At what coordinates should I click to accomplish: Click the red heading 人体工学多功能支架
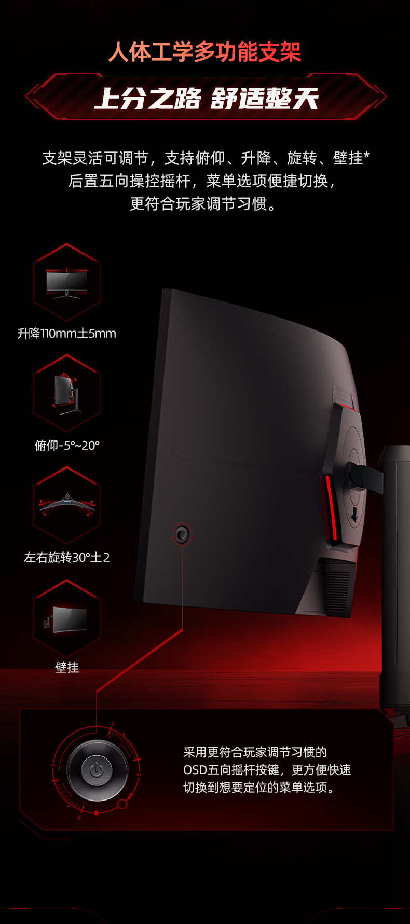(204, 52)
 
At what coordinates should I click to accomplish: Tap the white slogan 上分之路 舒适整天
(206, 99)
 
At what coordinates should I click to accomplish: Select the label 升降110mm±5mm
(66, 333)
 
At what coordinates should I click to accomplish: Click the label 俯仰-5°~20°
(67, 445)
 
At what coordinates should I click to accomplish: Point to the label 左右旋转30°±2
(67, 557)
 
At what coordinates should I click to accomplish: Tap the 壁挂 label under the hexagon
(67, 667)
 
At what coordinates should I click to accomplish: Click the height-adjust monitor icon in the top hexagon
(66, 283)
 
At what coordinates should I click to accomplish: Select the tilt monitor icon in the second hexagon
(66, 394)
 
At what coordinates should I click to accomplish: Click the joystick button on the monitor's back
(182, 534)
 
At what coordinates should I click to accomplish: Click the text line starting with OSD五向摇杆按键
(267, 769)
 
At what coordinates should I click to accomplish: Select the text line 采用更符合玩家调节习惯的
(255, 752)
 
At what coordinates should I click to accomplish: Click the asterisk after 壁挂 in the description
(366, 155)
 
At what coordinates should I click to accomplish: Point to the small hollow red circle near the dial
(122, 804)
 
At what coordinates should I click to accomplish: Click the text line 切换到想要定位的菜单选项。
(259, 787)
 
